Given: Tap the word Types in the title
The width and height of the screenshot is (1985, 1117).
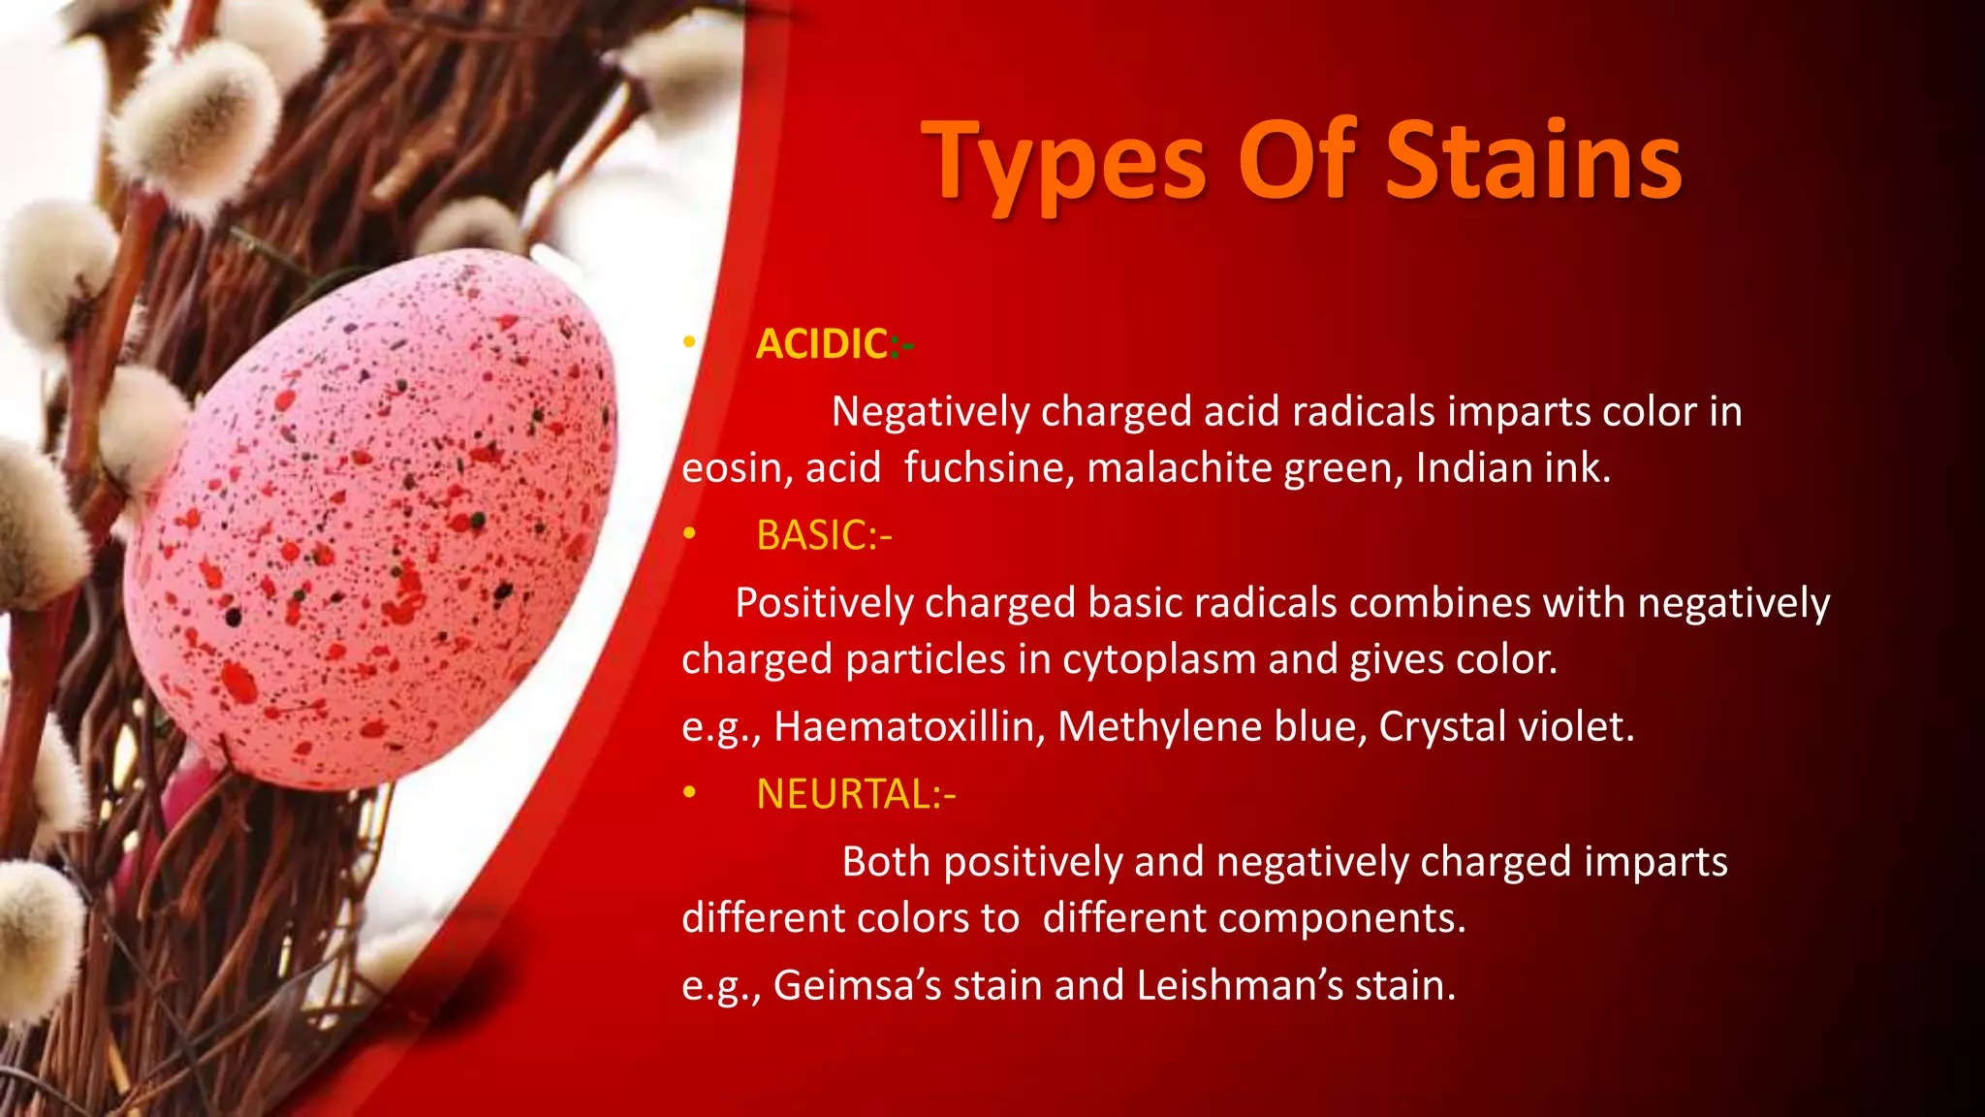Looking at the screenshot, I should (1066, 163).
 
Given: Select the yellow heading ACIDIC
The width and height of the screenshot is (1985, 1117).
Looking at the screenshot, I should (822, 344).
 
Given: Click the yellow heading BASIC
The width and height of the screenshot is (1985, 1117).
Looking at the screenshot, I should (812, 535).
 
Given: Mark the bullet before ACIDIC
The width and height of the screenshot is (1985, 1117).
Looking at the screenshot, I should (689, 342).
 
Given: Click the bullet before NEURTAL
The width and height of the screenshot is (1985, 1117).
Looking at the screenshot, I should (689, 793).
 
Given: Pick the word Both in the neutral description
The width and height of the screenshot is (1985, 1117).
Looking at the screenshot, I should (886, 862).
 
